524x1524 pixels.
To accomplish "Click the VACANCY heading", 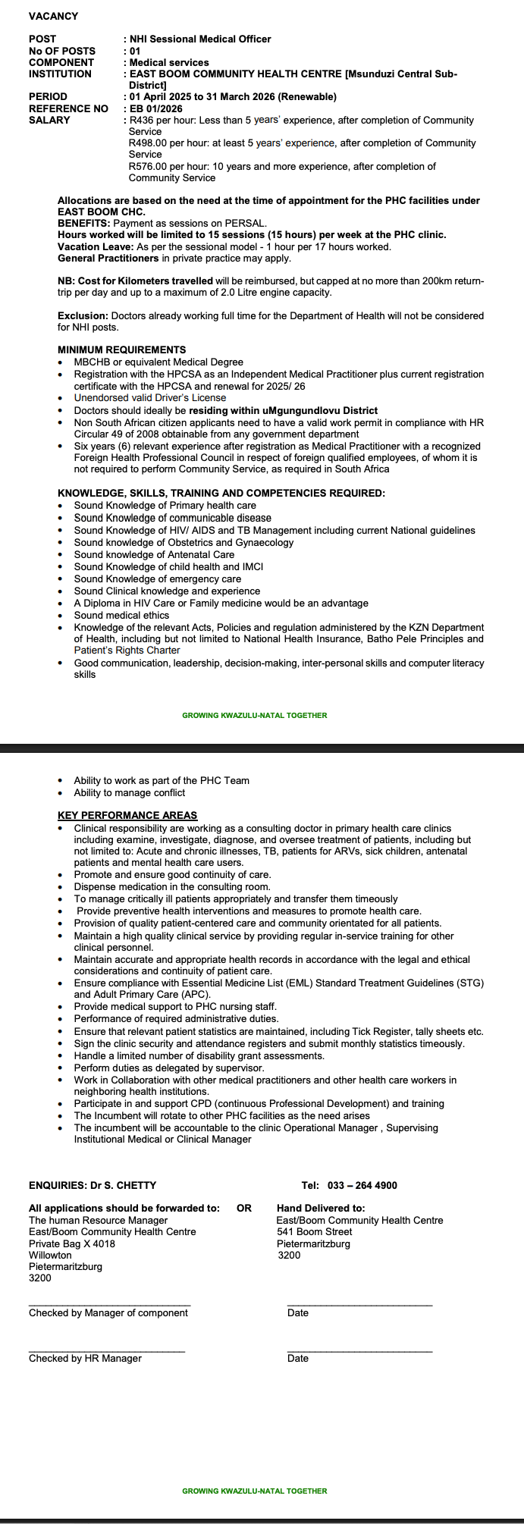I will tap(53, 16).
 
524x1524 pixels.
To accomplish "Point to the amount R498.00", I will tap(149, 143).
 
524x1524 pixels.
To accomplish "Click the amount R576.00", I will tap(149, 167).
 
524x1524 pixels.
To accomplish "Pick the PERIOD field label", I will tap(48, 97).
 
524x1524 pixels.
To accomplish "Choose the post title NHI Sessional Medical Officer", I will tap(200, 39).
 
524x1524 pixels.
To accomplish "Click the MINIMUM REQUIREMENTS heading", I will tap(121, 350).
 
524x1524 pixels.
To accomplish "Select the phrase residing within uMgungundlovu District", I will tap(283, 410).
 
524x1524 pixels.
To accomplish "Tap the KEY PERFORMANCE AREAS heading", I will tap(127, 815).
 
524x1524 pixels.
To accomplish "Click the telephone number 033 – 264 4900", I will tap(362, 1185).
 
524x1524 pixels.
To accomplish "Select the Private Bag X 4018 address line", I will tap(72, 1243).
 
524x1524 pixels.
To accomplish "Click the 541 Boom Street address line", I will tap(314, 1231).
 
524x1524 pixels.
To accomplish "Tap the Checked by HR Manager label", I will tap(85, 1358).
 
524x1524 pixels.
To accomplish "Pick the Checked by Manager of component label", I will tap(108, 1312).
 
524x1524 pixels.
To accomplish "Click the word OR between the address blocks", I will tap(243, 1208).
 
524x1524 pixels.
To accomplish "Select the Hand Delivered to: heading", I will tap(321, 1208).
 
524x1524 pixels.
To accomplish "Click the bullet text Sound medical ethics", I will tap(121, 615).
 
